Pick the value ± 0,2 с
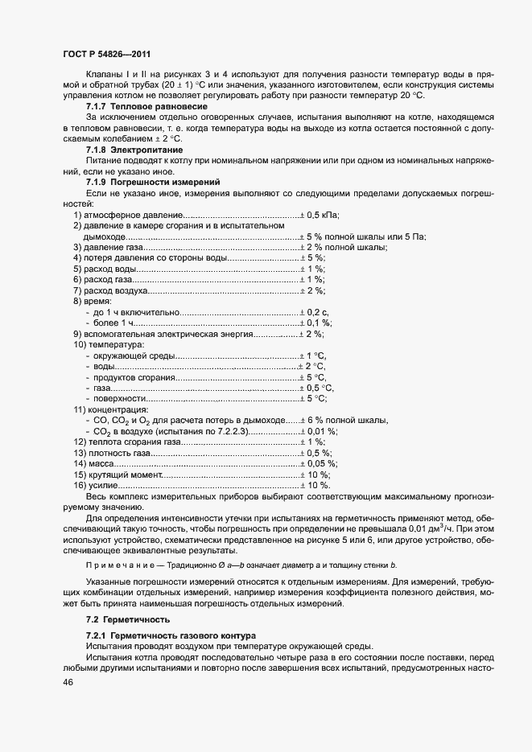pyautogui.click(x=315, y=311)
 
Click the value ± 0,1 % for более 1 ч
pyautogui.click(x=316, y=323)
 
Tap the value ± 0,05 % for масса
pyautogui.click(x=319, y=463)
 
